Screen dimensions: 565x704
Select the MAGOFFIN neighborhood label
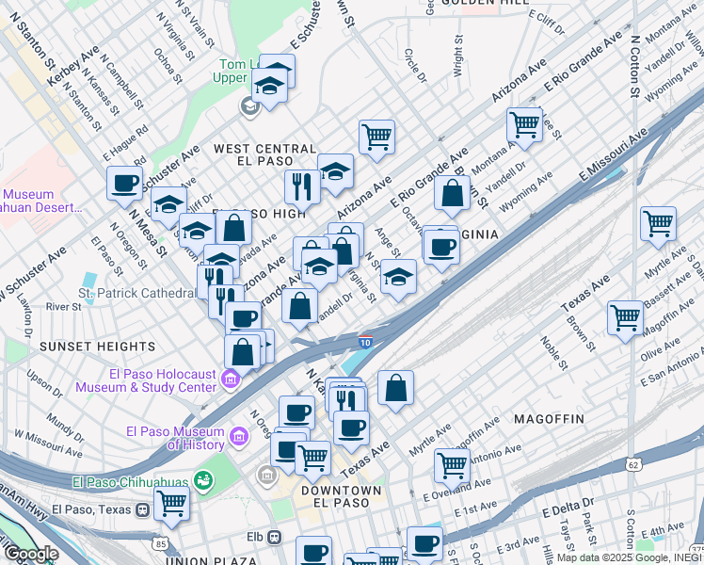(x=549, y=417)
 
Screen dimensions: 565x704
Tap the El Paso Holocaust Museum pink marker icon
(x=231, y=379)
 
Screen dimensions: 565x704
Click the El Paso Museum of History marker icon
(x=238, y=437)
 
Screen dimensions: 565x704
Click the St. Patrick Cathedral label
(x=137, y=294)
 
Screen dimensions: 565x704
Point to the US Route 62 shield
(x=633, y=463)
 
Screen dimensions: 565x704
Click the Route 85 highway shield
(x=162, y=543)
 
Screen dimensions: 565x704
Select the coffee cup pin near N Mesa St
(x=124, y=184)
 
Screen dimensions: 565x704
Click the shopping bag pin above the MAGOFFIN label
(x=395, y=388)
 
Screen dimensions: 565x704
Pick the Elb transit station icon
(x=274, y=538)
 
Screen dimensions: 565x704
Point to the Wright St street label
(x=458, y=56)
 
